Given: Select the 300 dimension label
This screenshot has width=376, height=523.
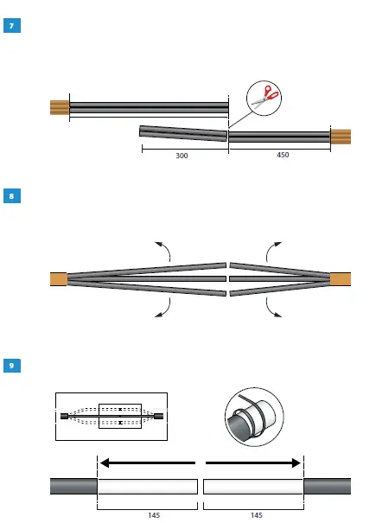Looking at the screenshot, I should [x=182, y=156].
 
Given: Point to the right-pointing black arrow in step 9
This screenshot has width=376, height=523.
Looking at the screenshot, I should [x=253, y=462].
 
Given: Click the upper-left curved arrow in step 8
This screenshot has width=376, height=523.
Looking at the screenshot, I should [x=163, y=250].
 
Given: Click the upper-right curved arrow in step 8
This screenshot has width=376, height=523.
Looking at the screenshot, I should [x=274, y=250].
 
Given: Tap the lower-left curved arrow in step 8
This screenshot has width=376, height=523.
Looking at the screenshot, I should [x=163, y=307].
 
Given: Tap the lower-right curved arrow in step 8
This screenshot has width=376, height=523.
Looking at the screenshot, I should [x=274, y=308].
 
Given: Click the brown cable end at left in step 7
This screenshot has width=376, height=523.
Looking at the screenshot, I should [x=59, y=107].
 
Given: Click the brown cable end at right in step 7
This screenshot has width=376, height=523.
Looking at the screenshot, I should [x=341, y=136].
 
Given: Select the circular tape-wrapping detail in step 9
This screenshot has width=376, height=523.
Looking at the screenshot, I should [x=253, y=417].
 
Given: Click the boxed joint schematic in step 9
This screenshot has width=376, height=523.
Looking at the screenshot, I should [x=112, y=416].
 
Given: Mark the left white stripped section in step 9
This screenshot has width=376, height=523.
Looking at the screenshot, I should [x=148, y=486].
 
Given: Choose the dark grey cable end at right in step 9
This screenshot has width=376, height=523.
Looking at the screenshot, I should [x=327, y=486].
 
